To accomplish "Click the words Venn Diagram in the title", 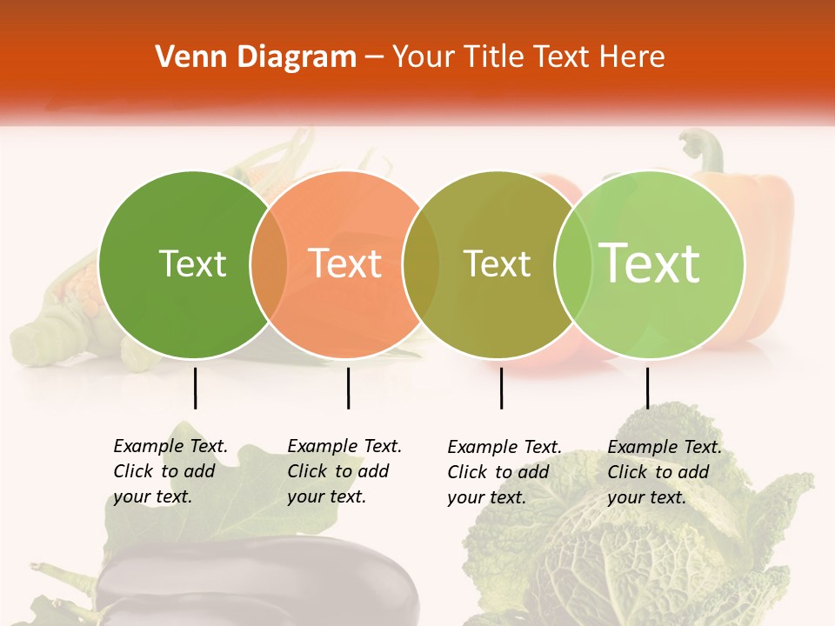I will (x=256, y=57).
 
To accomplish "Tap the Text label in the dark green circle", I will (x=192, y=263).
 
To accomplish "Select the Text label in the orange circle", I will (x=345, y=263).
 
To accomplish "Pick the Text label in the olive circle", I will (x=497, y=263).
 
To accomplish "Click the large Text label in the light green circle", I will (x=650, y=263).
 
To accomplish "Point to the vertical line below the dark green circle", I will (x=196, y=388).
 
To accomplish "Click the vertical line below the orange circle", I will (x=348, y=388).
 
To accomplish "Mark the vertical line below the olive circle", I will (x=502, y=388).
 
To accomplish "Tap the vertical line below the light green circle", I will (x=647, y=388).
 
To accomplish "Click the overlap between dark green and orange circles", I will (x=269, y=264).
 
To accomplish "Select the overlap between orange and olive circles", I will (x=421, y=264).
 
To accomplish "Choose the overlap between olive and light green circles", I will (x=572, y=264).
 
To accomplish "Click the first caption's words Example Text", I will (x=170, y=446).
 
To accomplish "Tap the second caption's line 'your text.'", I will (x=326, y=496).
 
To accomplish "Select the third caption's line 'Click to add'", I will (x=498, y=472).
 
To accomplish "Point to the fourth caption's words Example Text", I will (x=665, y=447).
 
